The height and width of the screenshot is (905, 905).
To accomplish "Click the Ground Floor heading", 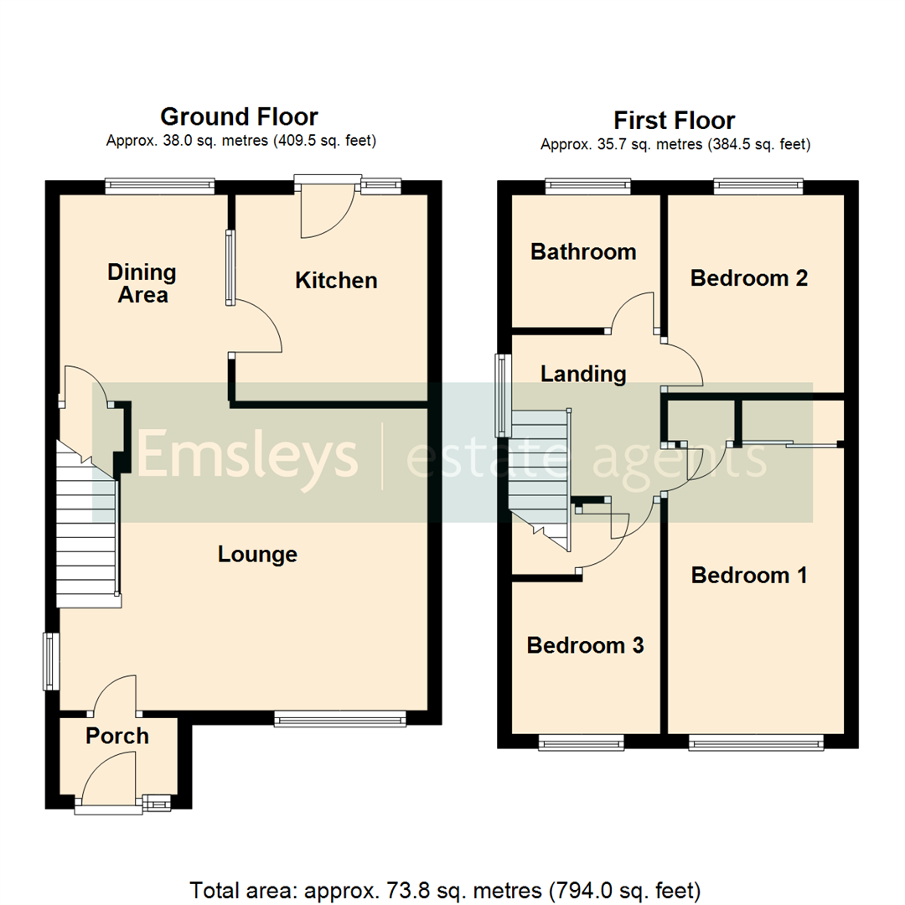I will pyautogui.click(x=239, y=116).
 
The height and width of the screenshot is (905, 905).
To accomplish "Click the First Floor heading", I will pyautogui.click(x=674, y=121).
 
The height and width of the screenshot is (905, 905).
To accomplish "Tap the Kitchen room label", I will pyautogui.click(x=336, y=280).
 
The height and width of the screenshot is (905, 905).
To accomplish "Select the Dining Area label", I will pyautogui.click(x=142, y=283).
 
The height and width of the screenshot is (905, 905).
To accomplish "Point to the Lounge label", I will pyautogui.click(x=257, y=554).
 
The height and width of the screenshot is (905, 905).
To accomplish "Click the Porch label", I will pyautogui.click(x=117, y=736).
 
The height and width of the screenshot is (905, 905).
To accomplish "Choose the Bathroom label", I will pyautogui.click(x=583, y=251).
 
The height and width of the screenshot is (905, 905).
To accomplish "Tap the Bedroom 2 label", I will pyautogui.click(x=748, y=278).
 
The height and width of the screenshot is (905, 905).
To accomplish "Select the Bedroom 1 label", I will pyautogui.click(x=748, y=575).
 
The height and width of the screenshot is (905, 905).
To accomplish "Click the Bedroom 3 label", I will pyautogui.click(x=585, y=645).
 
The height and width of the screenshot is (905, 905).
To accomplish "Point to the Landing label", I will pyautogui.click(x=583, y=374).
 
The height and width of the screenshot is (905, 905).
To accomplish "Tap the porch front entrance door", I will pyautogui.click(x=108, y=779).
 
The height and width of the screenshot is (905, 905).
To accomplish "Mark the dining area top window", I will pyautogui.click(x=159, y=186).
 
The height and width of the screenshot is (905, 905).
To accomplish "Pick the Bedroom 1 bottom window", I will pyautogui.click(x=755, y=742).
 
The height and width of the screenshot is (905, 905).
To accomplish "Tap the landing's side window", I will pyautogui.click(x=503, y=395).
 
